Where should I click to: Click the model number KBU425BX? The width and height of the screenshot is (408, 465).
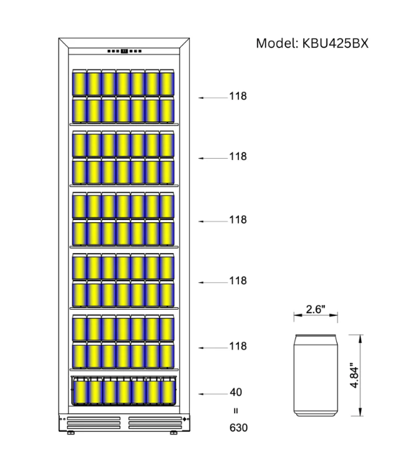[x=336, y=43]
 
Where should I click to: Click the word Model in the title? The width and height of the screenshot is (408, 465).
[x=277, y=43]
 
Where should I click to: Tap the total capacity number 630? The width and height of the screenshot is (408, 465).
[x=239, y=428]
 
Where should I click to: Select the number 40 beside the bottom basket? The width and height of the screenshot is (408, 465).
[x=236, y=392]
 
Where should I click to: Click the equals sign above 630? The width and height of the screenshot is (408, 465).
[x=236, y=410]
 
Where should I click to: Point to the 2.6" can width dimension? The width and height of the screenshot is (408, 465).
[x=315, y=309]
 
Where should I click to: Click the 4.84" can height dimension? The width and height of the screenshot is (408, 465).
[x=354, y=375]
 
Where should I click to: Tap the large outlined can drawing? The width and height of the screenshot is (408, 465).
[x=315, y=375]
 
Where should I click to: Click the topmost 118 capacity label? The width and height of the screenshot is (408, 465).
[x=238, y=96]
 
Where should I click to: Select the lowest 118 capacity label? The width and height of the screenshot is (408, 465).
[x=238, y=346]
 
